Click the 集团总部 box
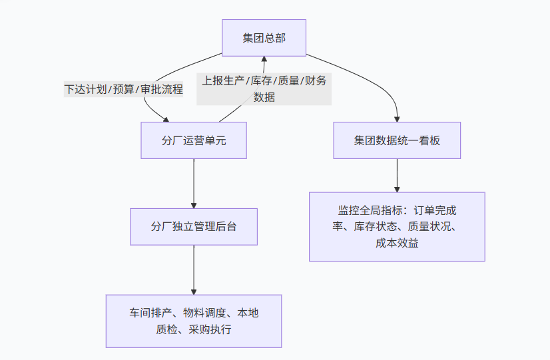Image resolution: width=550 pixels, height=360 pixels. coord(264,38)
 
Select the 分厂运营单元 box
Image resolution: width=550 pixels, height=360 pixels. coord(194,140)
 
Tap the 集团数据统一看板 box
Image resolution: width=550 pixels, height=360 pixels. coord(397,140)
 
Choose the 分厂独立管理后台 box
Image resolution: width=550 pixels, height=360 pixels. coord(194,226)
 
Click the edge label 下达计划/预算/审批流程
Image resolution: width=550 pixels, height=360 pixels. coord(123,89)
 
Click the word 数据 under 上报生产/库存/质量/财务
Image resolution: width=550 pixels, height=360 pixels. coord(264,97)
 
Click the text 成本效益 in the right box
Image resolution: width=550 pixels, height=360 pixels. coord(397,243)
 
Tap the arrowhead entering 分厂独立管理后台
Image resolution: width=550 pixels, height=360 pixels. coord(194,204)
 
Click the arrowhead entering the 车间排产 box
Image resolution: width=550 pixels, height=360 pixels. coord(194,291)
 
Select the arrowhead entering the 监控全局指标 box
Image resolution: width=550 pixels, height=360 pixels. coord(397,188)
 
